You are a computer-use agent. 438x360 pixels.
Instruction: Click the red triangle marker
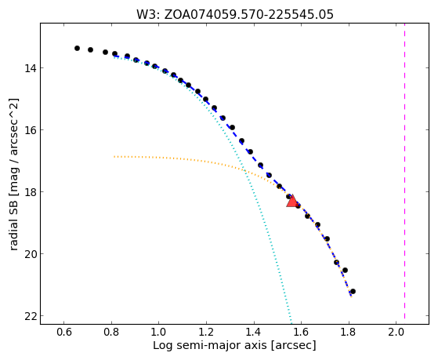click(292, 202)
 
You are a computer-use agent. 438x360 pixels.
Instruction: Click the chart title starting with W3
click(234, 14)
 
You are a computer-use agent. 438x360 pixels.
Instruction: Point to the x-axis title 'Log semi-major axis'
click(234, 346)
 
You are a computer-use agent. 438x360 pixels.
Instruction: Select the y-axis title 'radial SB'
click(14, 174)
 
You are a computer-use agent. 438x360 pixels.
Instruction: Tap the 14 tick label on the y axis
click(31, 68)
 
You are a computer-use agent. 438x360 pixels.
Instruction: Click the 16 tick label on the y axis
click(31, 130)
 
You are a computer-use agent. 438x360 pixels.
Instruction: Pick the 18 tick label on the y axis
click(31, 192)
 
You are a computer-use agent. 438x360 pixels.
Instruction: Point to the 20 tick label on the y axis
click(31, 254)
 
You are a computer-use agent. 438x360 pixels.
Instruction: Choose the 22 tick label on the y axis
click(31, 316)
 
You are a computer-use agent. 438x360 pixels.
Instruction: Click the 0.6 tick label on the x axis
click(64, 333)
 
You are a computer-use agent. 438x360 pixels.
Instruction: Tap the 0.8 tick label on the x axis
click(111, 333)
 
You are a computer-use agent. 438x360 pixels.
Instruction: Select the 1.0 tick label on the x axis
click(158, 333)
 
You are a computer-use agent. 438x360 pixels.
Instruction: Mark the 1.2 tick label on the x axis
click(206, 333)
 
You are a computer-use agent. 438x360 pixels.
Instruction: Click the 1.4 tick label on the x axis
click(254, 333)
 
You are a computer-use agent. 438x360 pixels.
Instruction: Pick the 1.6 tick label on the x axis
click(301, 333)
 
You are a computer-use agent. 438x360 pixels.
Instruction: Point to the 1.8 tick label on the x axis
click(349, 333)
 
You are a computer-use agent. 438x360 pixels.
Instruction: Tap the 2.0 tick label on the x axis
click(396, 333)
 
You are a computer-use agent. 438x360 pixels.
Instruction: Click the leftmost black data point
click(77, 49)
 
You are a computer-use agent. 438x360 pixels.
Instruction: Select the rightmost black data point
click(353, 292)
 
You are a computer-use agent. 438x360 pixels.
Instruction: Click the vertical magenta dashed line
click(404, 173)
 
